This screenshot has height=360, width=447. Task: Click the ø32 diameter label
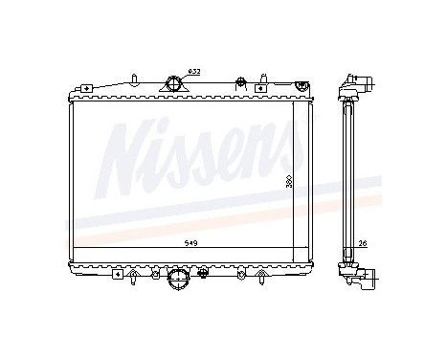click(x=193, y=72)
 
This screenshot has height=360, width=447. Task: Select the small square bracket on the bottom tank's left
click(x=117, y=273)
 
